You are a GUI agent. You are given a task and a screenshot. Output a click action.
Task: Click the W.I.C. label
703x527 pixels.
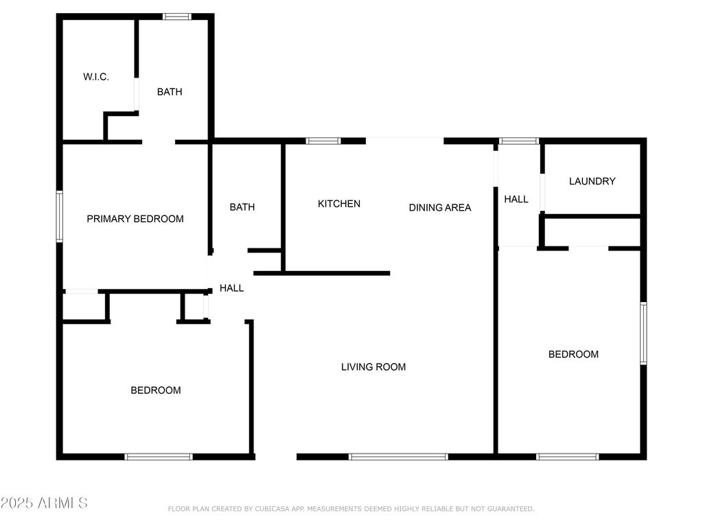pos(96,77)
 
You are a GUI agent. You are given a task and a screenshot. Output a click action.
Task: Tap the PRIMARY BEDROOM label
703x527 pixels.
pos(135,219)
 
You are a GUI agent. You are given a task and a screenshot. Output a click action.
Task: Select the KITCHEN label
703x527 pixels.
pos(339,204)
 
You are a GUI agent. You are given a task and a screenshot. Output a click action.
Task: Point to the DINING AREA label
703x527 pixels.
pos(440,207)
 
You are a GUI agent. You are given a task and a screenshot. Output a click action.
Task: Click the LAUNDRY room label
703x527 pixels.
pos(592,181)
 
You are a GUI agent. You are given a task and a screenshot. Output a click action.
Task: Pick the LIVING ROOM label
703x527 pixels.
pos(373,367)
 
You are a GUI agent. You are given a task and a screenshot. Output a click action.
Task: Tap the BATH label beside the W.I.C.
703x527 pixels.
pos(170,92)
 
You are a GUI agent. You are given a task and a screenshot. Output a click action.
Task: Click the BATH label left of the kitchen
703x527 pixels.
pos(242,207)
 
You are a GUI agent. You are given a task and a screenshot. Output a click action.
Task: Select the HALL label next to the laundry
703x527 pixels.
pos(516,199)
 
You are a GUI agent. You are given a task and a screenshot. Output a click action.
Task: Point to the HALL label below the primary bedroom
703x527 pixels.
pos(232,288)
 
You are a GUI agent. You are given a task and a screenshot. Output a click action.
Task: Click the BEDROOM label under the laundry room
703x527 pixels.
pos(573,355)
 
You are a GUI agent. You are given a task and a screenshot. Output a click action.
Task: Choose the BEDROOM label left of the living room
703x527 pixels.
pos(156,390)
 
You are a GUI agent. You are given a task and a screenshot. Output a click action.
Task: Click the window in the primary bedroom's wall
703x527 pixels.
pos(59,216)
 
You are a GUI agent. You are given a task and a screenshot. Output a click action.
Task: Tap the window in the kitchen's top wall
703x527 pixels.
pos(323,141)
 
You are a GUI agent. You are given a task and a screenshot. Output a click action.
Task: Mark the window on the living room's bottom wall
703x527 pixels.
pos(398,456)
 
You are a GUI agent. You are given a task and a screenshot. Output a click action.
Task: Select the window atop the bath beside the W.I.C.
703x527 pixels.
pos(176,16)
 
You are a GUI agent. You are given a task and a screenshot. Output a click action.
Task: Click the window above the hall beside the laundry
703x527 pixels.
pos(519,141)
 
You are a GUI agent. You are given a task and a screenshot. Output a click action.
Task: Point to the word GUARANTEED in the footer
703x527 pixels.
pos(511,508)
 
